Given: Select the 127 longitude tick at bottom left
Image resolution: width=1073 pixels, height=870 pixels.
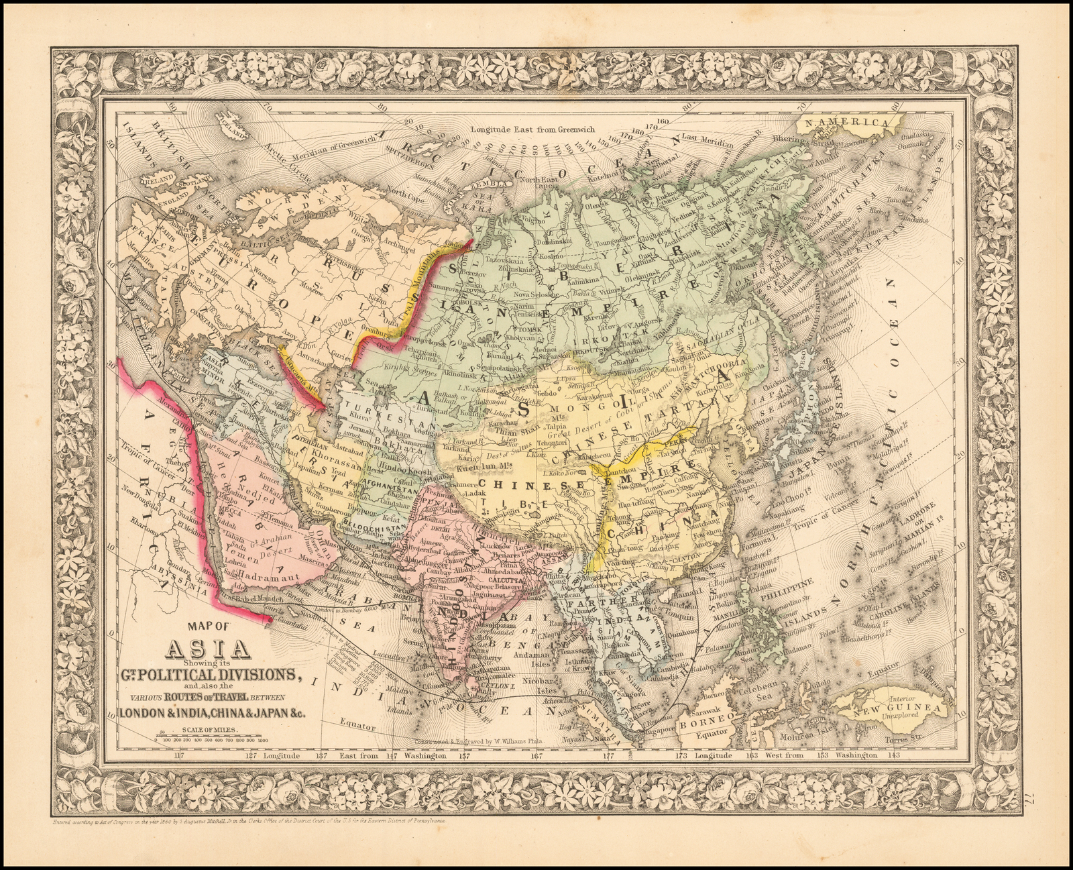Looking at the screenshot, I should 249,755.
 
